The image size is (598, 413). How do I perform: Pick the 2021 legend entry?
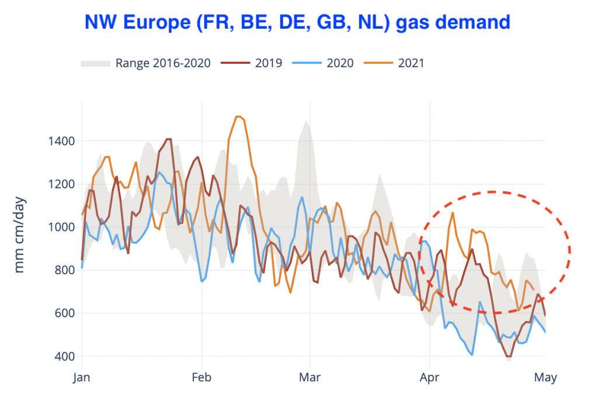coord(411,63)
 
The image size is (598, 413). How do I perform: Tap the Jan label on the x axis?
coord(82,377)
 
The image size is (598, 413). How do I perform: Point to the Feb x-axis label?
coord(201,377)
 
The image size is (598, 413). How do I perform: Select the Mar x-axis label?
coord(310,377)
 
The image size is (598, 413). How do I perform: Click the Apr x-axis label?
coord(430,377)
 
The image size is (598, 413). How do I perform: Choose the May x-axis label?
coord(545,377)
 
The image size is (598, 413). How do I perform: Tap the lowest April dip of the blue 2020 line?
coord(471,355)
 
